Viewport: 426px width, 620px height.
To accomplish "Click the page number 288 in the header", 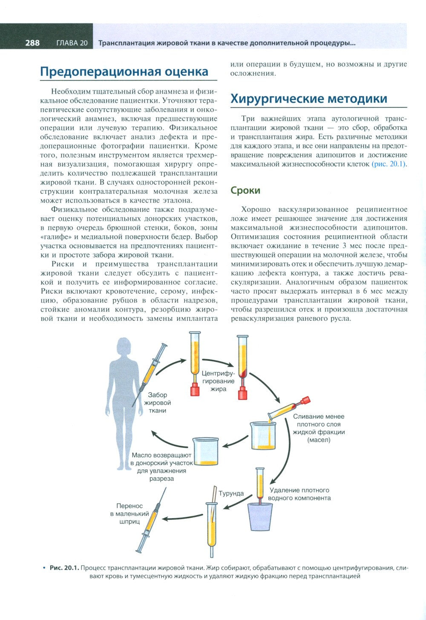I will tap(32, 43).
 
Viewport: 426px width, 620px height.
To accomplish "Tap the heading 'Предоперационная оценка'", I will tap(124, 71).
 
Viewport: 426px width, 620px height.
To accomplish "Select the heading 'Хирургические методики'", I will tap(309, 98).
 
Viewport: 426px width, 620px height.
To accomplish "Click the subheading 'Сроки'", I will tap(245, 190).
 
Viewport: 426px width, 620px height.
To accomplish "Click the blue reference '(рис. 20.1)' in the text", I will tap(389, 164).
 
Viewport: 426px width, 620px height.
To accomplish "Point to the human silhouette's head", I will tap(126, 347).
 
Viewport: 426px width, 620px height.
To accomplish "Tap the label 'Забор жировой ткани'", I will tap(158, 402).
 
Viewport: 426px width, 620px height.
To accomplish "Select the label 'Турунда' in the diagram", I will tap(231, 493).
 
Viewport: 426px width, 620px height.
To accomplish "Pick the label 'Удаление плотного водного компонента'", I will tap(300, 494).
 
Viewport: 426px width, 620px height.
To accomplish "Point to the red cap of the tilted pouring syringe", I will tap(305, 401).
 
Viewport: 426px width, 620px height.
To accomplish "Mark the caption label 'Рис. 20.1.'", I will tap(64, 568).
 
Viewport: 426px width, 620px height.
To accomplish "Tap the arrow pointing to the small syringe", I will tap(179, 519).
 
